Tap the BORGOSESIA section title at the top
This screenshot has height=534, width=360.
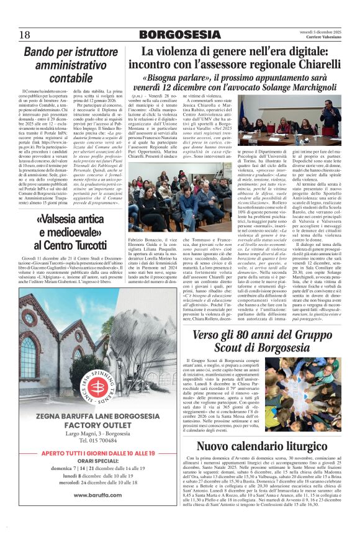tap(179, 35)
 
